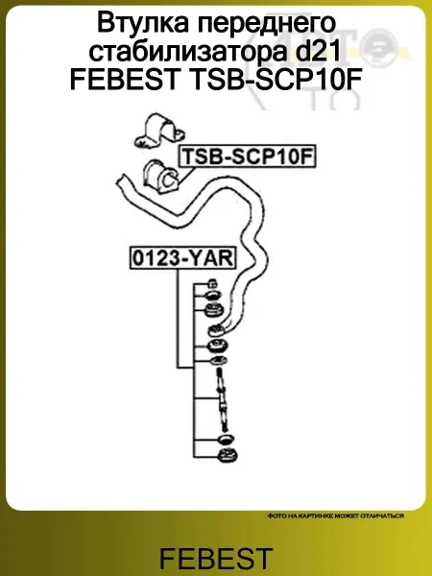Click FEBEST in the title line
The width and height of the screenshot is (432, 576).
(124, 80)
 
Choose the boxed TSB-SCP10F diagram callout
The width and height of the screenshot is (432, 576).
(248, 156)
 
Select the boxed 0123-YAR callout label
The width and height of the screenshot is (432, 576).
(183, 258)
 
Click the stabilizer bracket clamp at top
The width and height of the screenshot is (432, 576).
(159, 131)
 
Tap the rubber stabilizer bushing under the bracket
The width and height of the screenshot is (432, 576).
(161, 177)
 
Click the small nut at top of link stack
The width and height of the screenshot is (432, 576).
(212, 283)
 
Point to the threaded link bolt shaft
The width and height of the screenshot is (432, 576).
(222, 400)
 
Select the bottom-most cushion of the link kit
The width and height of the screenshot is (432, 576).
(228, 455)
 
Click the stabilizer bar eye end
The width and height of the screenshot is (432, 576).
(216, 330)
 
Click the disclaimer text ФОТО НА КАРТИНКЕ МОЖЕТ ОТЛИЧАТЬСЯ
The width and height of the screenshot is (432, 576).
(336, 516)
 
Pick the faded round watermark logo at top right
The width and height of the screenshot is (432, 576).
(379, 47)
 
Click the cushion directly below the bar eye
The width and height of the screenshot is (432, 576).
(217, 347)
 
